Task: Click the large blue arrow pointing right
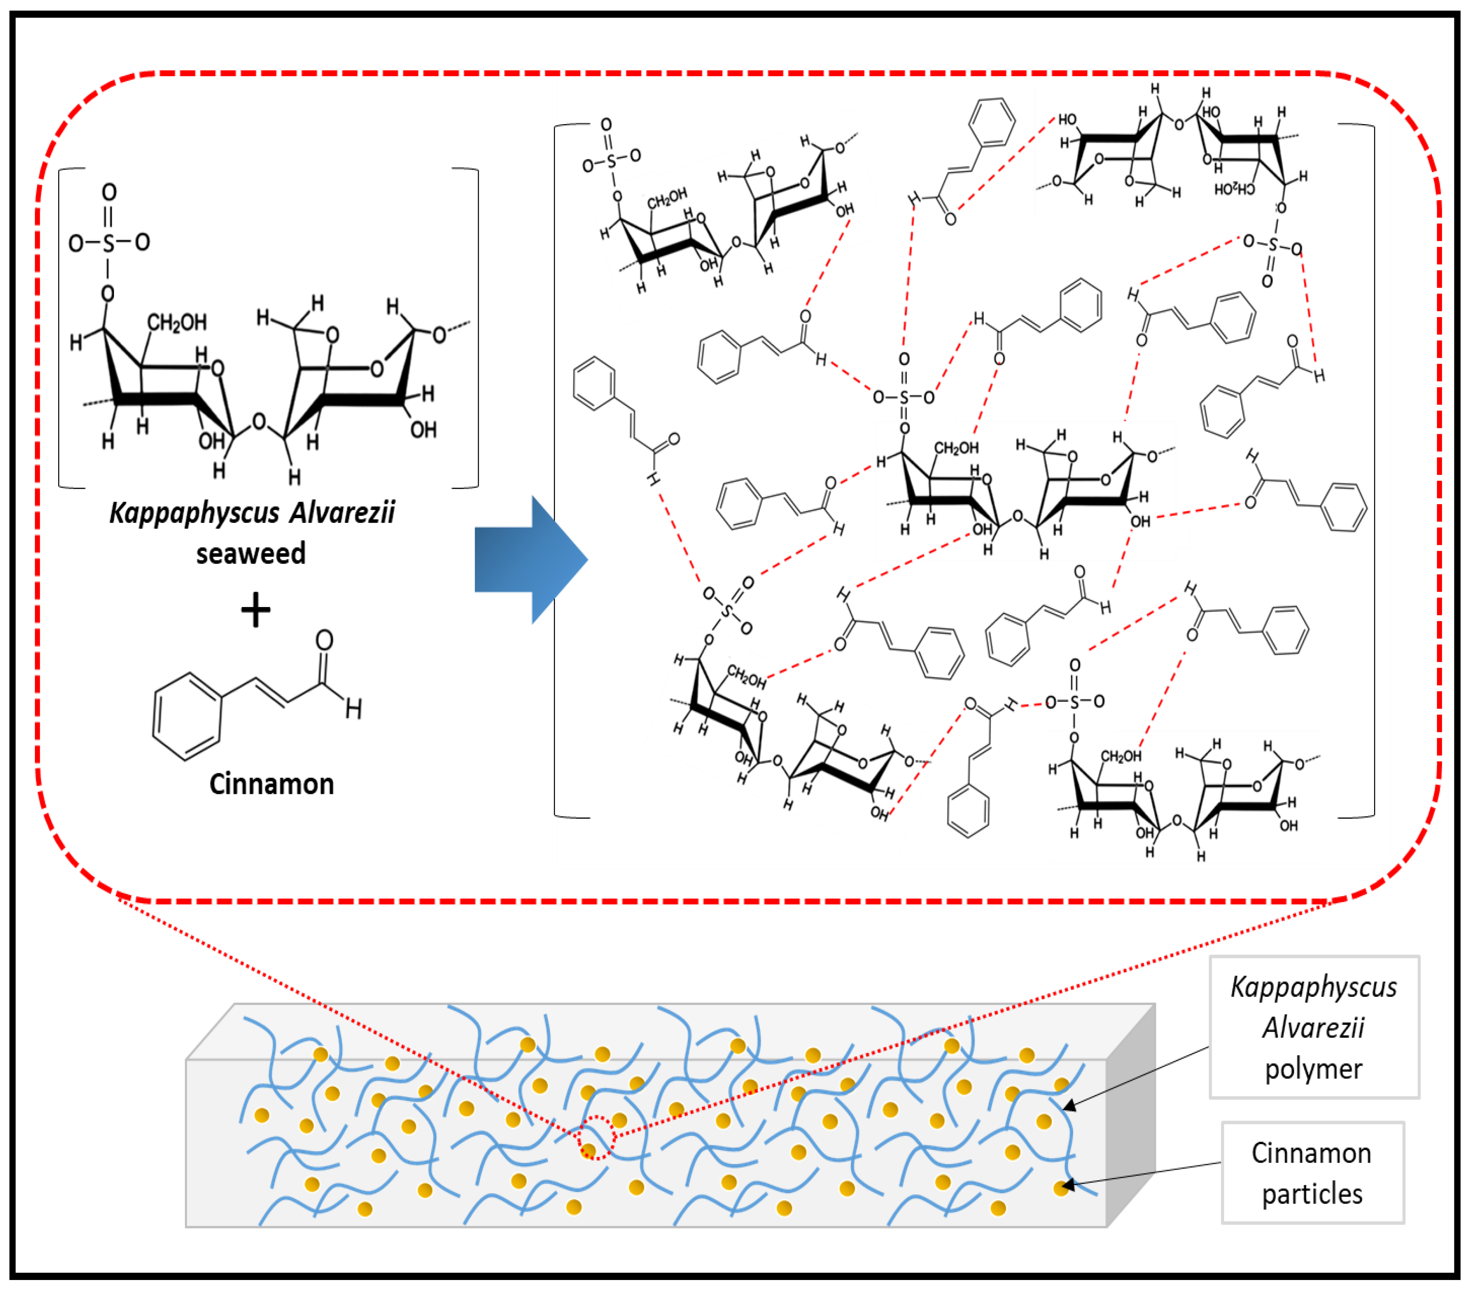(x=529, y=559)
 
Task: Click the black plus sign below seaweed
(x=255, y=611)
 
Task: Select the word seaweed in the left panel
(x=251, y=554)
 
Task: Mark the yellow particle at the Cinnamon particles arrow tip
(x=1061, y=1188)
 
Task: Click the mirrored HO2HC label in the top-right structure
(x=1234, y=188)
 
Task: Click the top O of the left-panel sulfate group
(x=108, y=192)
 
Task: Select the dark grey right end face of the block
(x=1130, y=1114)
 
